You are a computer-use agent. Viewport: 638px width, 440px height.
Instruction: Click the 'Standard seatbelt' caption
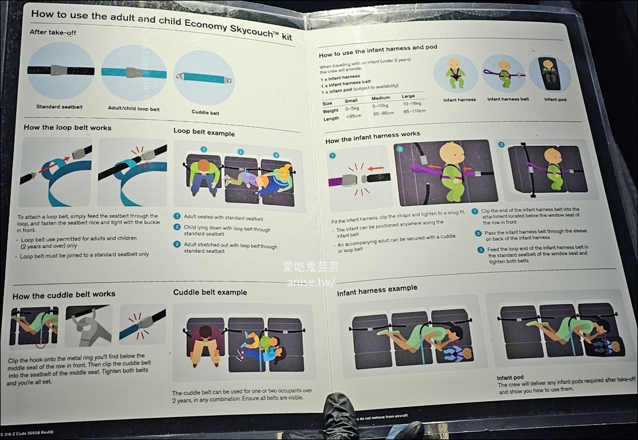point(60,107)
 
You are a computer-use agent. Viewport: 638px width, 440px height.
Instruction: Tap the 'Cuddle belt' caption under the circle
point(205,112)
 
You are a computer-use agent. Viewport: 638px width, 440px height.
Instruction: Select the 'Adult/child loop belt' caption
point(134,109)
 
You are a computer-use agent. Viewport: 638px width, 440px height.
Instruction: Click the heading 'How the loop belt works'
point(68,127)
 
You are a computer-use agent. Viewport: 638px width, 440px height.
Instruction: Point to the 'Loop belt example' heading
point(204,132)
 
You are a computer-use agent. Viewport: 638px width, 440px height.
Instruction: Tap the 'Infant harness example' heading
point(377,290)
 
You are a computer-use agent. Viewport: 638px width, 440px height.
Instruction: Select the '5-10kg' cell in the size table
point(381,106)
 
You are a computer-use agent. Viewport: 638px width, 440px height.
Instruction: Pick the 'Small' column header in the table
point(351,101)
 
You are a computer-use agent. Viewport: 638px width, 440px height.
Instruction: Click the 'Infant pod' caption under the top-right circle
point(555,99)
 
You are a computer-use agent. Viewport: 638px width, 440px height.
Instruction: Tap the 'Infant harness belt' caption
point(508,99)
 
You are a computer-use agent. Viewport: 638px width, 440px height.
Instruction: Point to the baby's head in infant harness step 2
point(451,153)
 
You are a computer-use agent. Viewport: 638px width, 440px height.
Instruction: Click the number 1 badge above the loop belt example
point(203,150)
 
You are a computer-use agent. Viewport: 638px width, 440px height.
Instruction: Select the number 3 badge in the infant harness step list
point(481,249)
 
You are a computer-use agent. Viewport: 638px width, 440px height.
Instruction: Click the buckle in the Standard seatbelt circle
point(58,70)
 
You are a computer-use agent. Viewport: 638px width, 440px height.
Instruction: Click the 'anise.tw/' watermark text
point(311,282)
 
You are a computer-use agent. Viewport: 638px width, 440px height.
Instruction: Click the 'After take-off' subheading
point(52,32)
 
